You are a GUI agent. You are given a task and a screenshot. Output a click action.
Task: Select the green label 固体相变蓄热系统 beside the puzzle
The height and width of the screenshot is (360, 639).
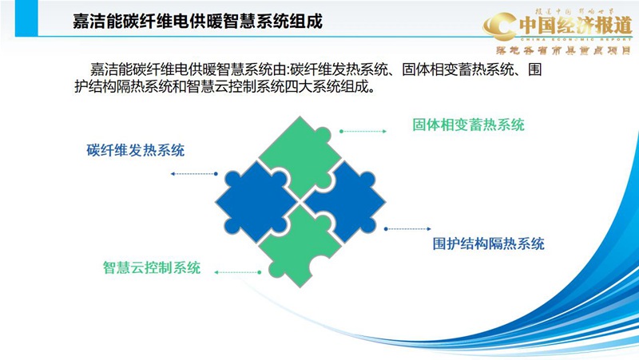[468, 125]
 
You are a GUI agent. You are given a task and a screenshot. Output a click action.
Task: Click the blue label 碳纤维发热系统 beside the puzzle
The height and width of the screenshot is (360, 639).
[136, 150]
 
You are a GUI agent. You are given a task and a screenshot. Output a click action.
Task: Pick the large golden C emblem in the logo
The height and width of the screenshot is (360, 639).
[501, 29]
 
